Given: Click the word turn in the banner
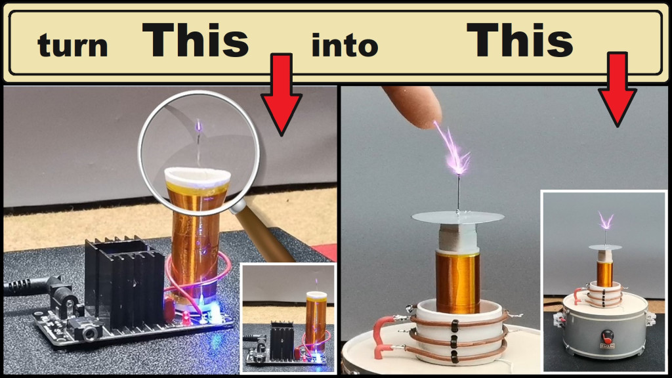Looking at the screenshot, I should coord(72,45).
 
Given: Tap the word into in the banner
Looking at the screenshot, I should coord(345,45).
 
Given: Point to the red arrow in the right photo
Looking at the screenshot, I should coord(617,89).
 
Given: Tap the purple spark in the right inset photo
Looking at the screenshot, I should coord(604,221).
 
